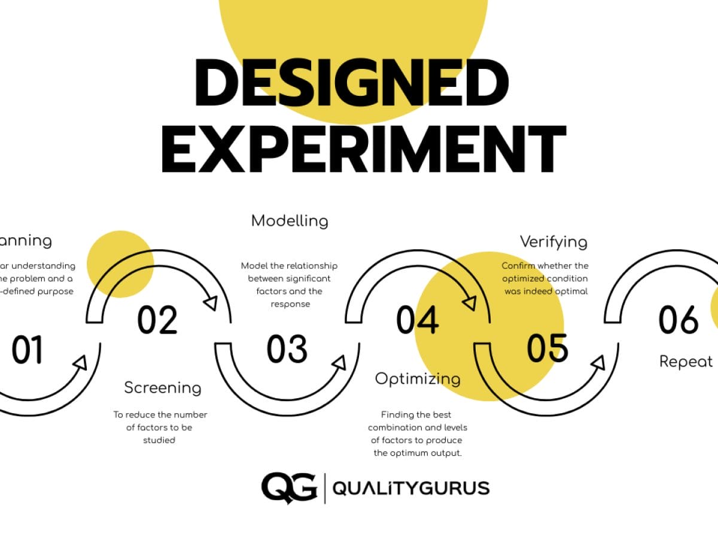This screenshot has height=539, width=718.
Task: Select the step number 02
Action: point(157,320)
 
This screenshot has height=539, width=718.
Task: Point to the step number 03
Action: point(287,350)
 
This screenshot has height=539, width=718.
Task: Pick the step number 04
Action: point(417,320)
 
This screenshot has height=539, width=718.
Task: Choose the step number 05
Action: point(547,348)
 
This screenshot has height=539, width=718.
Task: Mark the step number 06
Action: point(679,320)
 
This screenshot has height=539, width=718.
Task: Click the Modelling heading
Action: point(290,220)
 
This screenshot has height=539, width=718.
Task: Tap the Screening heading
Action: point(162,387)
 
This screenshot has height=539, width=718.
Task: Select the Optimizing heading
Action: point(418,378)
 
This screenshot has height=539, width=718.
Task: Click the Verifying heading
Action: point(553,242)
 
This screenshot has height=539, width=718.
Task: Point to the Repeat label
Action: point(686,362)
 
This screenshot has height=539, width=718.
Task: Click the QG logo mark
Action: point(289,487)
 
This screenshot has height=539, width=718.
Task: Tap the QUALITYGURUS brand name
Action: point(410,488)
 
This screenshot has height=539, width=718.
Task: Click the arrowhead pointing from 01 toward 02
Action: point(81,363)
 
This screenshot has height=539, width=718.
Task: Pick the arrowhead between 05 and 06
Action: point(598,363)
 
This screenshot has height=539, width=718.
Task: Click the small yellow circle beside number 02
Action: point(120,264)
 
